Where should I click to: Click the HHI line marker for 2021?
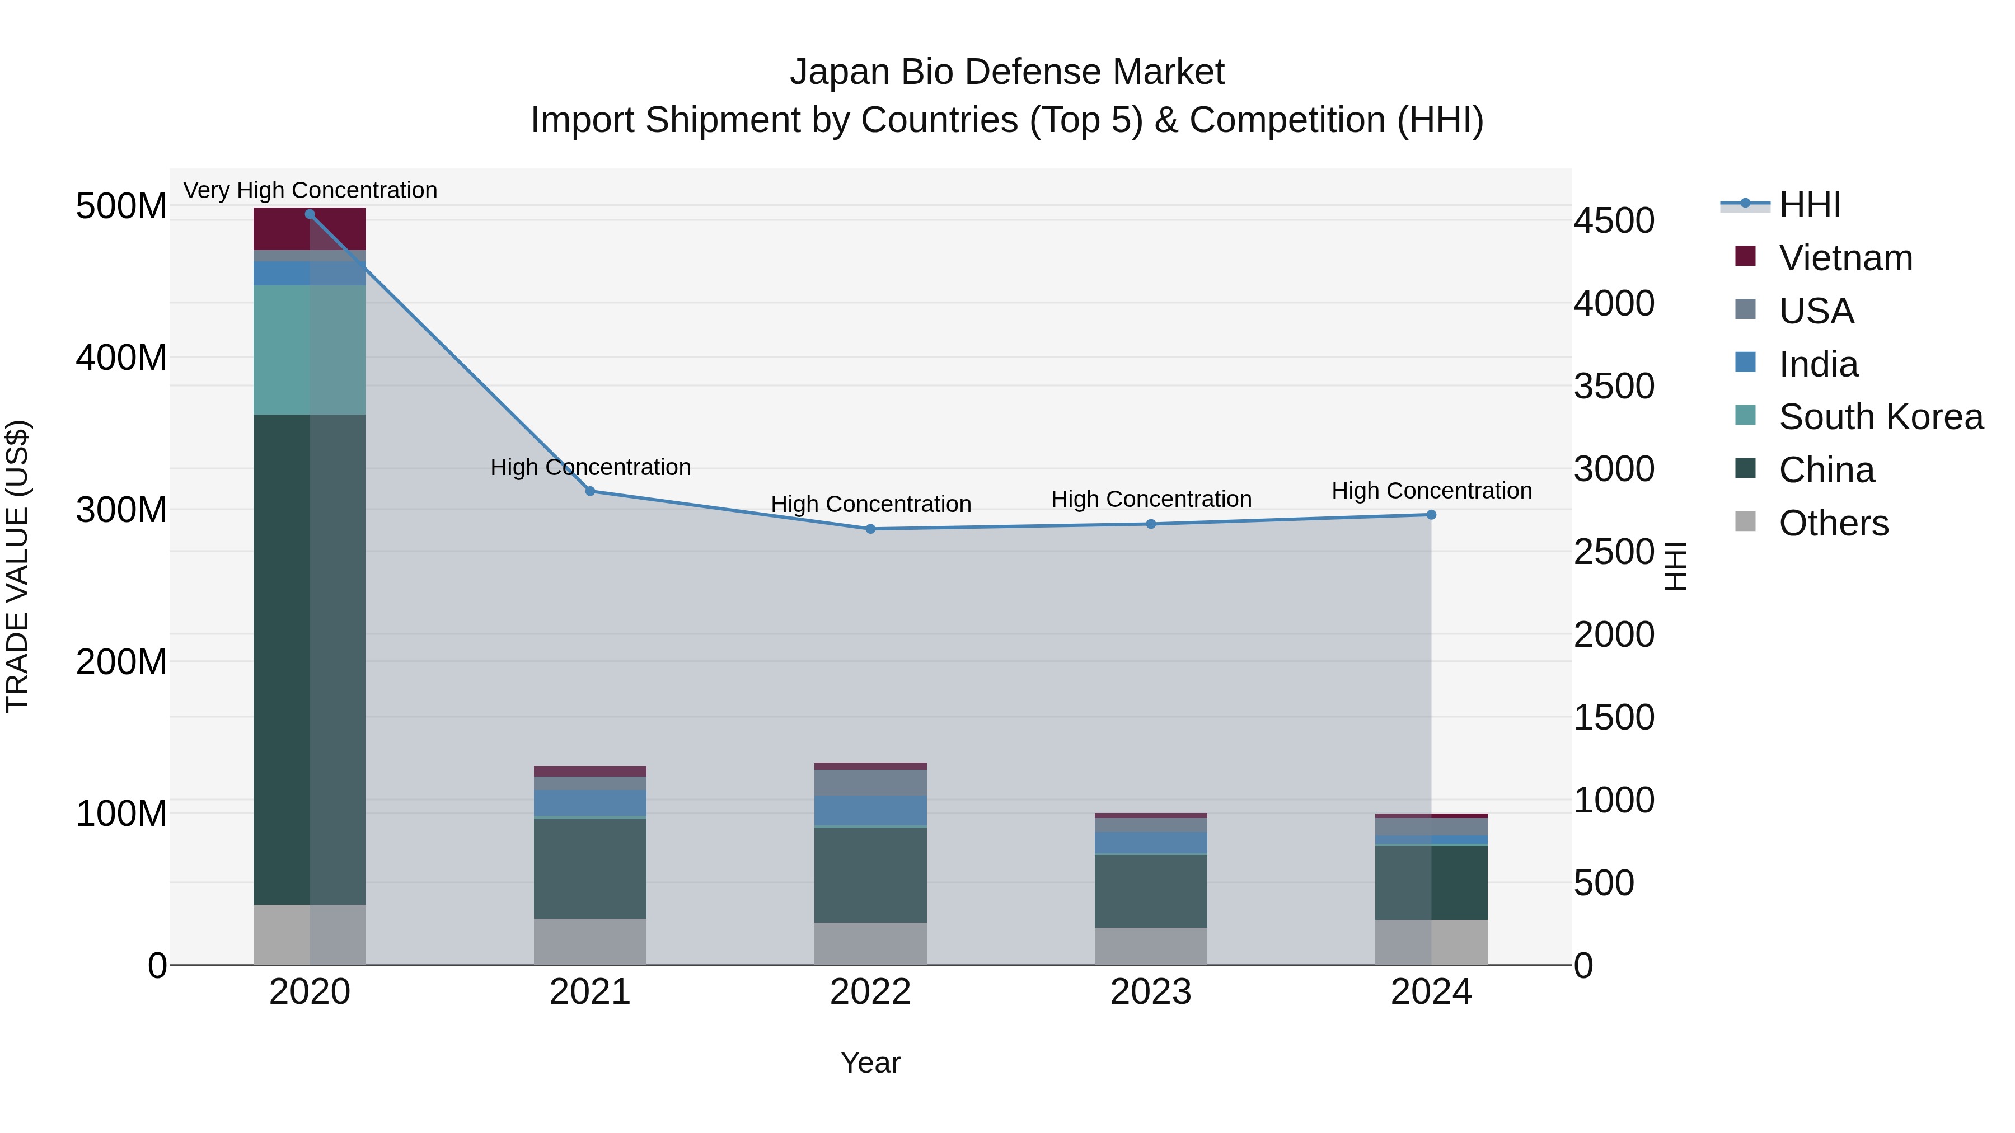click(x=590, y=491)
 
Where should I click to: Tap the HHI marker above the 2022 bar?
click(x=870, y=529)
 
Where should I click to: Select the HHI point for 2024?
click(x=1431, y=515)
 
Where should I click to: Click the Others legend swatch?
click(x=1745, y=521)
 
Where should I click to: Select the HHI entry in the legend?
click(x=1809, y=205)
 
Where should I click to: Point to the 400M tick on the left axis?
click(x=121, y=358)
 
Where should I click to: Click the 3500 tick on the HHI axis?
click(x=1614, y=386)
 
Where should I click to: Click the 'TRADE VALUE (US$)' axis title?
click(x=17, y=566)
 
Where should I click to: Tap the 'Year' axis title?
click(x=870, y=1063)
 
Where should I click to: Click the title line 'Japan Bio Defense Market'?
click(x=1007, y=72)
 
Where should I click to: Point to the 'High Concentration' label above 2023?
click(x=1151, y=499)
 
